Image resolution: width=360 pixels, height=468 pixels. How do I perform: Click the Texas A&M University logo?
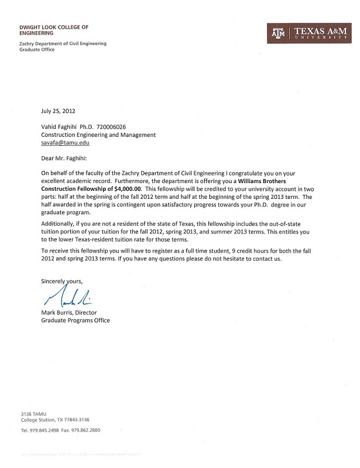308,33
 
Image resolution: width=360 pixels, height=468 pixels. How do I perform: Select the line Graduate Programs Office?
75,320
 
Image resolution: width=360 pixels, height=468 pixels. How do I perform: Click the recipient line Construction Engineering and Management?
98,135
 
